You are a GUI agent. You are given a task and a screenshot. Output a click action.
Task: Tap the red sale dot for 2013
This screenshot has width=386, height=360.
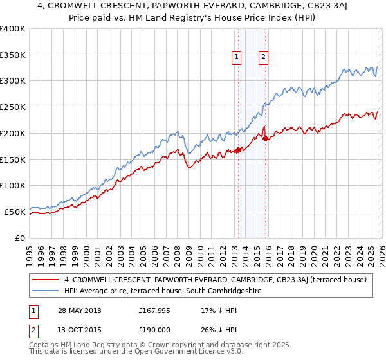point(238,150)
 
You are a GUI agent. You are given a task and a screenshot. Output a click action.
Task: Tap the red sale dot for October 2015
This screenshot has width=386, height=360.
point(265,138)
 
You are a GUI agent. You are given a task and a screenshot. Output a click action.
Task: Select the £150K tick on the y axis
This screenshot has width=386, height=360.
point(12,159)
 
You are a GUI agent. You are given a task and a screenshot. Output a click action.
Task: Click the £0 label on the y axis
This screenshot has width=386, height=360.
point(19,237)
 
